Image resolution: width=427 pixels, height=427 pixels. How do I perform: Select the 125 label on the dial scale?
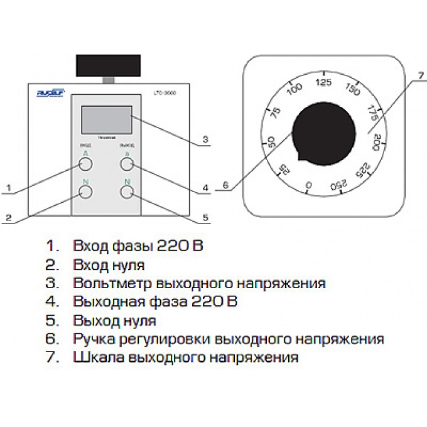[325, 83]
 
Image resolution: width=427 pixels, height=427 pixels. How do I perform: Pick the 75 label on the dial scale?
[277, 113]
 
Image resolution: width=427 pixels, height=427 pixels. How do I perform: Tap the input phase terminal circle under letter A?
[86, 164]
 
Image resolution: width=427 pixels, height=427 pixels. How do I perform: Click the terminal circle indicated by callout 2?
[86, 192]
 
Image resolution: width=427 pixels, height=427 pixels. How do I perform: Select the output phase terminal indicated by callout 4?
[127, 164]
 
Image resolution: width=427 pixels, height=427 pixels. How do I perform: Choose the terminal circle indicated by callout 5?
[127, 192]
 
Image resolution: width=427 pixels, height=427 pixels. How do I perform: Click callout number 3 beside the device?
[205, 139]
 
